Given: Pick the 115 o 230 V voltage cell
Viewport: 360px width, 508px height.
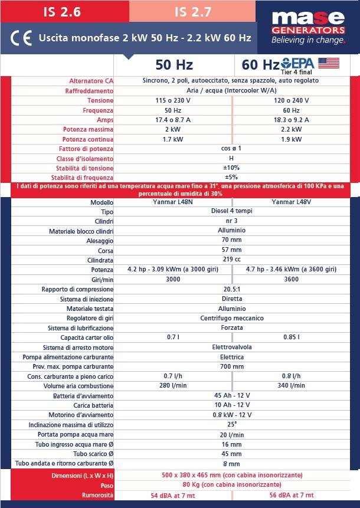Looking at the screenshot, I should point(174,100).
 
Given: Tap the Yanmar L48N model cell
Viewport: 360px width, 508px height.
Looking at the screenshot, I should point(174,202).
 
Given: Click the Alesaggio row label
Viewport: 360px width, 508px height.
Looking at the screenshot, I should point(97,241).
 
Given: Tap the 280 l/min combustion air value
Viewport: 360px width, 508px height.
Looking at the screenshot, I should point(174,385).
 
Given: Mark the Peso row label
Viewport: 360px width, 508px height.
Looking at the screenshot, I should point(106,485).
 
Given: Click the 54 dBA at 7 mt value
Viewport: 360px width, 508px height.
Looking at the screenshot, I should point(174,496).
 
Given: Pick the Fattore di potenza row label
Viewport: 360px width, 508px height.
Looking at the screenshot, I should point(86,149).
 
